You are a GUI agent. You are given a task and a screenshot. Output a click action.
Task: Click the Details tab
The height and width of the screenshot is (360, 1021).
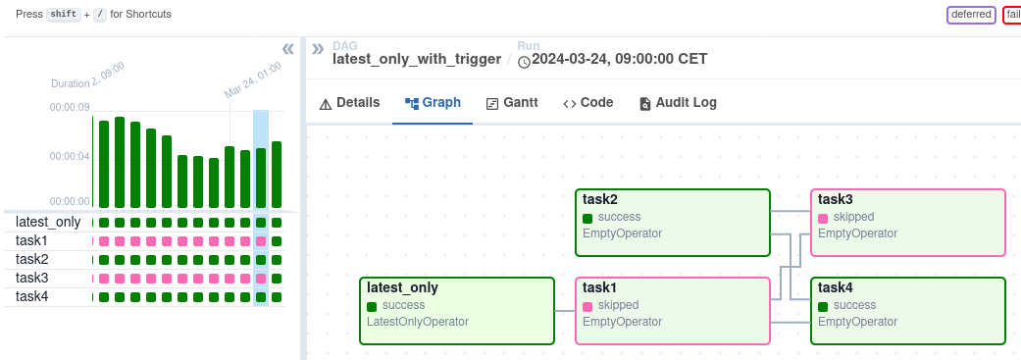[349, 103]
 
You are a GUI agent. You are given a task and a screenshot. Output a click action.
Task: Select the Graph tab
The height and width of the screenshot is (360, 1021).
[433, 103]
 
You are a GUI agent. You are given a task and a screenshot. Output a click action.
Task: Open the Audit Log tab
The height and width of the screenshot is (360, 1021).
[678, 103]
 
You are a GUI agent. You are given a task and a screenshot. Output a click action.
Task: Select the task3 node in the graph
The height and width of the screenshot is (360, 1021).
[908, 223]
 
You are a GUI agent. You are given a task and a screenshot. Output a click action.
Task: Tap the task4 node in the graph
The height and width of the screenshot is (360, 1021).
[908, 311]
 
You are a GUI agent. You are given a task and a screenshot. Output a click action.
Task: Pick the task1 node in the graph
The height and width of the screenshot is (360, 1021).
[673, 311]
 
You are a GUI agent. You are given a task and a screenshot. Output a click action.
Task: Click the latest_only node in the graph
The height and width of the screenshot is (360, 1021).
[457, 311]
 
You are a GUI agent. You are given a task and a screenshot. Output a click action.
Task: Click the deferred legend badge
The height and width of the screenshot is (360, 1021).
[971, 16]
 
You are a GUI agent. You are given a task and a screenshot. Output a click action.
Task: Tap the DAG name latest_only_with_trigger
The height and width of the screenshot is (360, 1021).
[417, 59]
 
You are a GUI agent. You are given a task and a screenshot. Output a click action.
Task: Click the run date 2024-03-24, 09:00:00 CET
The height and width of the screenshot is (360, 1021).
[619, 59]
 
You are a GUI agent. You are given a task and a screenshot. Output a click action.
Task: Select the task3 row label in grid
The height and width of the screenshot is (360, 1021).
[32, 278]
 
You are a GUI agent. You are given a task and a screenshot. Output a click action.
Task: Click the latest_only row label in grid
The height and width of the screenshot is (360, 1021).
[48, 222]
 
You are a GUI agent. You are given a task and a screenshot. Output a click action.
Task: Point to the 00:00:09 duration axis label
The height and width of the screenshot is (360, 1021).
[70, 107]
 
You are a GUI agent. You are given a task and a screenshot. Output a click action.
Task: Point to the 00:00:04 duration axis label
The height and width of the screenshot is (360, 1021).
[70, 156]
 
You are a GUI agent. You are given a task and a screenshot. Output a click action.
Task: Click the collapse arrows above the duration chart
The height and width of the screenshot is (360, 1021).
[287, 49]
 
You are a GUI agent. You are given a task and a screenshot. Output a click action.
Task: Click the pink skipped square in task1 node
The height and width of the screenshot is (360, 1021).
[587, 307]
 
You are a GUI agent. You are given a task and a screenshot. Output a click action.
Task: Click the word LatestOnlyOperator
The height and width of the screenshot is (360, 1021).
[417, 322]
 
